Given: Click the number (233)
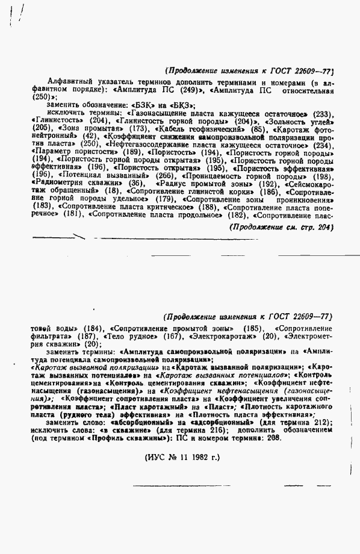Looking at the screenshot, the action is [x=324, y=113].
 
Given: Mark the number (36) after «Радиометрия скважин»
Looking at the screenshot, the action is [x=137, y=184].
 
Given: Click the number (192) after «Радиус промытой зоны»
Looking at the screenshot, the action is [x=267, y=184].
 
